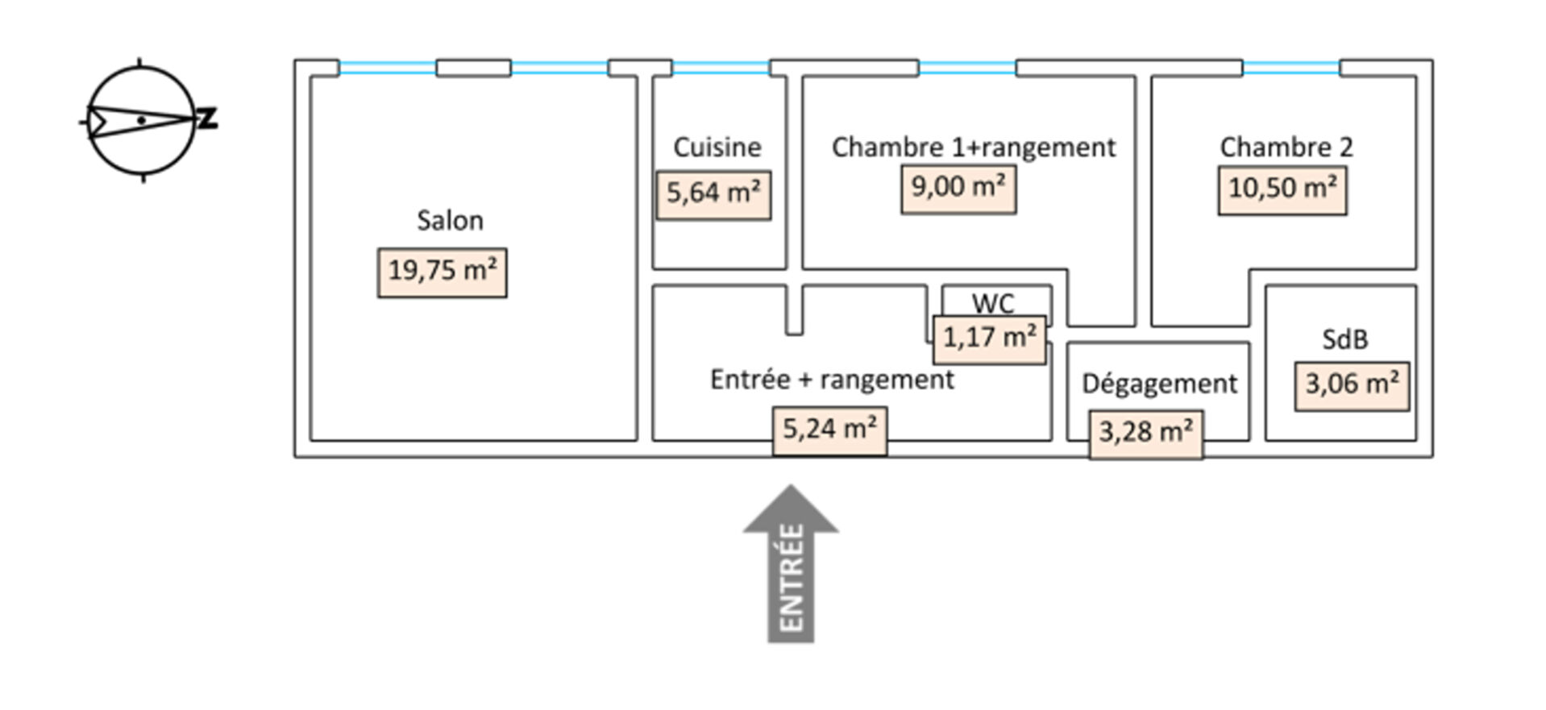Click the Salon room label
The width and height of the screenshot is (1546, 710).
[x=450, y=220]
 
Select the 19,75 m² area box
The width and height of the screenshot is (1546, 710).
[x=443, y=272]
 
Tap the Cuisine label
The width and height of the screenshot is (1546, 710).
[x=717, y=147]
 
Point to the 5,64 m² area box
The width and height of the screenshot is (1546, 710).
[x=713, y=195]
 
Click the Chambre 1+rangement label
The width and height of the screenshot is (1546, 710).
[x=974, y=147]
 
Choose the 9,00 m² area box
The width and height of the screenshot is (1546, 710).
[x=958, y=189]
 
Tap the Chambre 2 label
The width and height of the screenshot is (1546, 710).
[x=1286, y=147]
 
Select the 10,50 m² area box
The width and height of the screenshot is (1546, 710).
[x=1282, y=191]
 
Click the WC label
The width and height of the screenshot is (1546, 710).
[x=993, y=304]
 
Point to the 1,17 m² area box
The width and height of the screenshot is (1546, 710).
[x=990, y=339]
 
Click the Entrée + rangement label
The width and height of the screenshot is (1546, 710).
[x=832, y=380]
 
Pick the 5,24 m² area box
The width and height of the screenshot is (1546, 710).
[x=830, y=431]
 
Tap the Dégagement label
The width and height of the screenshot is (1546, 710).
[x=1159, y=384]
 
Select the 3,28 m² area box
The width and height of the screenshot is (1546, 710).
[x=1146, y=434]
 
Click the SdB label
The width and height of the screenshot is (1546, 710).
[x=1344, y=339]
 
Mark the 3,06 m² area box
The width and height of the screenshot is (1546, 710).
[x=1352, y=386]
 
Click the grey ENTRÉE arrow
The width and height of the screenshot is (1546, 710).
[x=791, y=563]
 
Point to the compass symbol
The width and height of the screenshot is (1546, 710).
[x=143, y=121]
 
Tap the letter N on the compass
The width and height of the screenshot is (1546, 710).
[x=208, y=119]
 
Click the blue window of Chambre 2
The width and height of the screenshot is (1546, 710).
[x=1291, y=68]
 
